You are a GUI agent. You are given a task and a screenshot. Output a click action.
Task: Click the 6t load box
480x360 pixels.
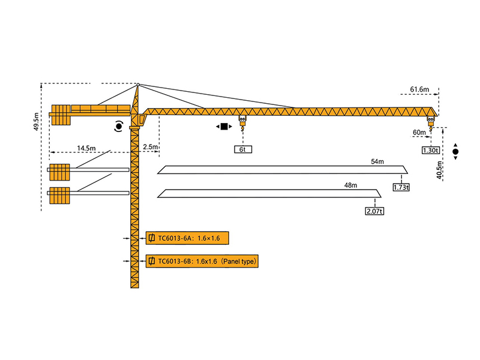point(242,149)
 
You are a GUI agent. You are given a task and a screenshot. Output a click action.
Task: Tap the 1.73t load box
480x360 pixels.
point(401,187)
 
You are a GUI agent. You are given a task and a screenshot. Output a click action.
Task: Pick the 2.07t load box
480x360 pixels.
point(374,211)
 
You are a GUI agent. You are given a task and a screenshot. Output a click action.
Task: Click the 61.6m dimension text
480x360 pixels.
point(419,89)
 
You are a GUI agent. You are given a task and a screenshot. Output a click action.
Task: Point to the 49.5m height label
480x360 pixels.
point(37,121)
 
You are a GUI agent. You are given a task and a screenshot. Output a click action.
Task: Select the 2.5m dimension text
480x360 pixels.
point(151,147)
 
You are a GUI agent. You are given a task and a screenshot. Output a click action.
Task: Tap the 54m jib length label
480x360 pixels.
point(377,162)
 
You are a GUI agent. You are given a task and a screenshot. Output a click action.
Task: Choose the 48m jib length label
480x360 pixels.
point(350,185)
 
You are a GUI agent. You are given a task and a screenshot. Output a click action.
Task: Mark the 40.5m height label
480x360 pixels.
point(440,170)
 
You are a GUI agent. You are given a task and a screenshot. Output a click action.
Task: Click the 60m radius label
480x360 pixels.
point(418,132)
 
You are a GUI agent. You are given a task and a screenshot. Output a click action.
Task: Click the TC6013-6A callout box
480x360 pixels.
point(188,239)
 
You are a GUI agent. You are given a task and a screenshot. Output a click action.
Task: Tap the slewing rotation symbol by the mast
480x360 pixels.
point(119,126)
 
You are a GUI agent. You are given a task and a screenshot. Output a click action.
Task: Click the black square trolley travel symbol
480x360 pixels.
point(224,127)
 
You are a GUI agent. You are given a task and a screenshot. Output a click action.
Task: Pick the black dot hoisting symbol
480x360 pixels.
point(455,152)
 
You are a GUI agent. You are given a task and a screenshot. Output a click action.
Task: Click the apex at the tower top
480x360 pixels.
point(137,85)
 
